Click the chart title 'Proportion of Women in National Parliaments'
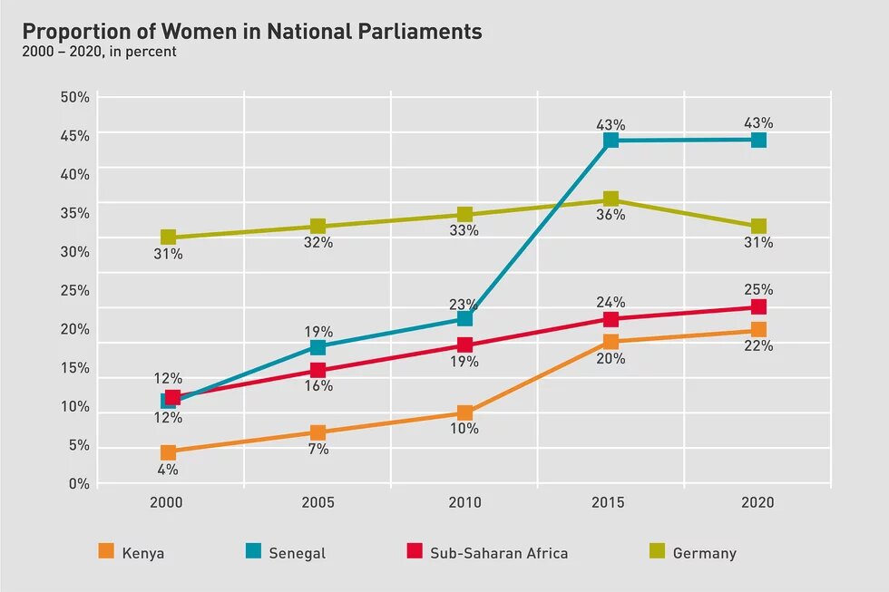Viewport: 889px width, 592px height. point(252,31)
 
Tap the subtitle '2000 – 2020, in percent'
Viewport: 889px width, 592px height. point(100,52)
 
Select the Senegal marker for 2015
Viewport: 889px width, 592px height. point(611,140)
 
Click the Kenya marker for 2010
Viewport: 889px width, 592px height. point(464,412)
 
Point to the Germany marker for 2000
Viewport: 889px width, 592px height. point(168,238)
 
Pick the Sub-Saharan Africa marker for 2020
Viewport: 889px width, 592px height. point(758,307)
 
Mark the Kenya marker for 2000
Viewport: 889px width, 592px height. point(168,452)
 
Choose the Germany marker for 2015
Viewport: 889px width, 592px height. point(611,199)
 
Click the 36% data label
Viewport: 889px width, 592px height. point(611,216)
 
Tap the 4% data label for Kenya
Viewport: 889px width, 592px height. point(168,470)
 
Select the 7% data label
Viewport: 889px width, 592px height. point(317,450)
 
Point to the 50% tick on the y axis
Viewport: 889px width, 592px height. point(75,97)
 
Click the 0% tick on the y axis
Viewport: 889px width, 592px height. point(79,484)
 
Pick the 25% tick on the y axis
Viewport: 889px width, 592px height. point(75,291)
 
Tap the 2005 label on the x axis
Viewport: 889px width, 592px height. point(317,503)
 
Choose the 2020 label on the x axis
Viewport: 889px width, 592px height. point(758,503)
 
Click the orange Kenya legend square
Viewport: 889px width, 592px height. point(106,551)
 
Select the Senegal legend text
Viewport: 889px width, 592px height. point(297,553)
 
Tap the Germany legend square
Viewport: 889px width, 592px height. point(658,551)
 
